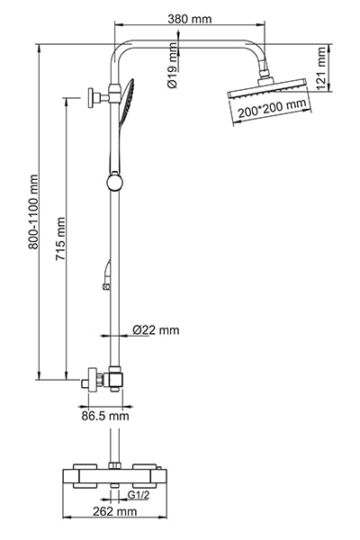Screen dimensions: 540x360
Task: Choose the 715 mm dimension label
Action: pos(60,238)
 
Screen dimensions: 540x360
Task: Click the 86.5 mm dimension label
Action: pos(104,416)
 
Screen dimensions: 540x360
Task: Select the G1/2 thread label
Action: pos(139,495)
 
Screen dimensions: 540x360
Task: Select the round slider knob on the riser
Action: pos(114,183)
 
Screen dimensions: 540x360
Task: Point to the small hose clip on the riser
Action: pos(106,286)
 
